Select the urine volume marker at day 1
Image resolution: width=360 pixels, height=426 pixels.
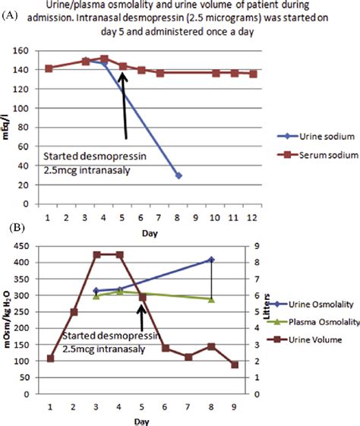pyautogui.click(x=50, y=358)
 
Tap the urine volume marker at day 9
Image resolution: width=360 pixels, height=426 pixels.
pyautogui.click(x=235, y=364)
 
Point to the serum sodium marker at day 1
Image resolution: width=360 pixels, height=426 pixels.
pyautogui.click(x=49, y=68)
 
